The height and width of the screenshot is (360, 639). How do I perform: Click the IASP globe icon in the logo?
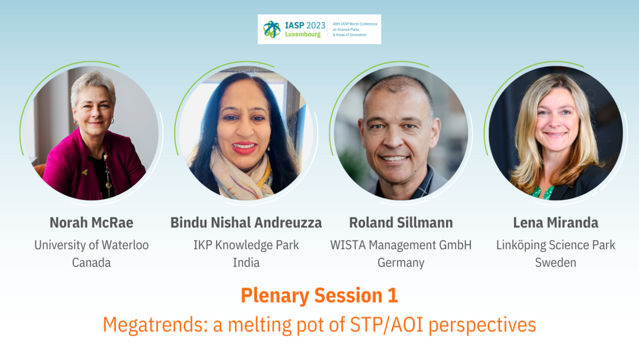click(x=272, y=30)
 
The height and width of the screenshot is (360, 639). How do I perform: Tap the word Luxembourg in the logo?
click(x=303, y=35)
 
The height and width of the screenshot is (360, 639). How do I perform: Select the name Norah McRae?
click(x=91, y=223)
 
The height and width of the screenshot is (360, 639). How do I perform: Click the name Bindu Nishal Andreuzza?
click(x=246, y=223)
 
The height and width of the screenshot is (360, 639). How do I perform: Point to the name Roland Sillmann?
click(x=401, y=223)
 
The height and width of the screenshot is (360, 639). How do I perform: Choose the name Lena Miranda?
click(x=556, y=223)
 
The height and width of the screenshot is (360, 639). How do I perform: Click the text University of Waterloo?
click(x=91, y=245)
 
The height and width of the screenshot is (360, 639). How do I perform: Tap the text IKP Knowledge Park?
click(x=246, y=245)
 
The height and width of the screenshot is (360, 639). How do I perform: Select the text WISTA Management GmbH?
click(x=401, y=245)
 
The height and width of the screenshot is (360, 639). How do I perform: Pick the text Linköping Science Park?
click(x=556, y=245)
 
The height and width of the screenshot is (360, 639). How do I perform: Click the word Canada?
click(x=91, y=262)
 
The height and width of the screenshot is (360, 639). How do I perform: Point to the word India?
click(x=246, y=262)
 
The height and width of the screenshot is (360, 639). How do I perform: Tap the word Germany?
click(x=401, y=263)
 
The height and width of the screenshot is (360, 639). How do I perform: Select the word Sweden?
click(x=556, y=262)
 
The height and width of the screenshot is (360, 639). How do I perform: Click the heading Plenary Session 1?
click(x=319, y=295)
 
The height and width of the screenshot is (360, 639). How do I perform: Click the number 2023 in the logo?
click(x=316, y=25)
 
